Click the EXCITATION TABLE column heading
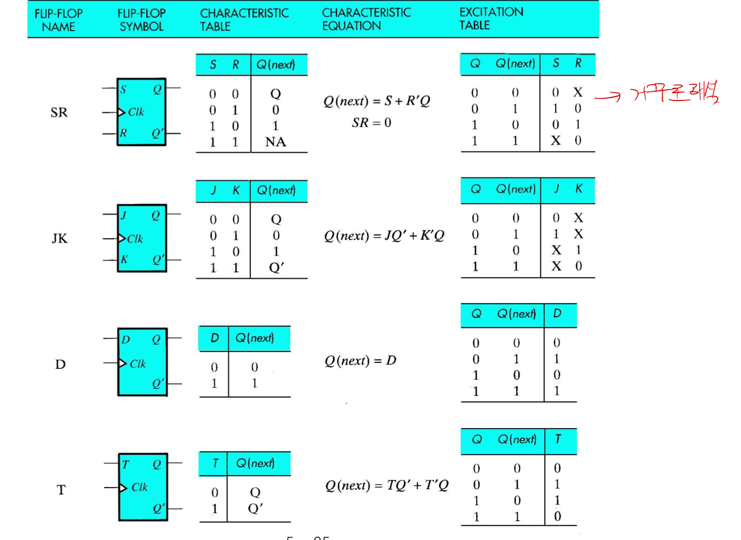point(491,18)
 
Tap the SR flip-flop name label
point(59,112)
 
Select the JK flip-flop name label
point(59,238)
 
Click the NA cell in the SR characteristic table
point(276,142)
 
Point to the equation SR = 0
point(371,123)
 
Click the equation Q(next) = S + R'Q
point(377,101)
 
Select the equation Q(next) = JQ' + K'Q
point(384,235)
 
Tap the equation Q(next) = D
point(360,360)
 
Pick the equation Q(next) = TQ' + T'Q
point(386,485)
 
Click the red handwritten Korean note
point(676,92)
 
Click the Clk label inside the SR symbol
point(136,112)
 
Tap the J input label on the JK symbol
point(124,215)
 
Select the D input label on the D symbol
point(125,340)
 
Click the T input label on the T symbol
point(125,464)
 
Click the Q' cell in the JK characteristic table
point(276,268)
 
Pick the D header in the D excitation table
point(557,313)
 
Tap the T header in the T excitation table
point(558,439)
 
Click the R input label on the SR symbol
point(123,133)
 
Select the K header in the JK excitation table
point(579,188)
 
